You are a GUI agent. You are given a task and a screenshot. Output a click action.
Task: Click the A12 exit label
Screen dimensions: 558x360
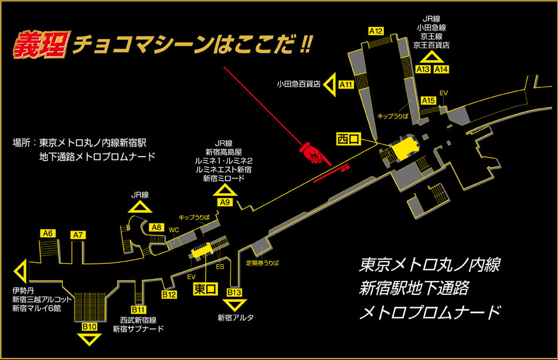point(376,31)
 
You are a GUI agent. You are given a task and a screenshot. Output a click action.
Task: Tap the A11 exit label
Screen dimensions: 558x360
point(347,84)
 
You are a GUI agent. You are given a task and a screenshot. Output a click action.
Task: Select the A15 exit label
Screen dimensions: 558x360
point(429,101)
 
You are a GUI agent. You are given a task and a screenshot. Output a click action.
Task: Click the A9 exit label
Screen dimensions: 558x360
point(225,202)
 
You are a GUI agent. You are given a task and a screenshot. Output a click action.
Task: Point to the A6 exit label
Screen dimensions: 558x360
point(48,233)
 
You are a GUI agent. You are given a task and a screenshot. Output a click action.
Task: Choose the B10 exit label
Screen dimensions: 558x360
point(89,327)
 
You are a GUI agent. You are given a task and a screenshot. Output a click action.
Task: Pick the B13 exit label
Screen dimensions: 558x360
point(234,292)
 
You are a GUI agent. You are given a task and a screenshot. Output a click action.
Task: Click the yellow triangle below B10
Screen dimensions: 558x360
point(89,339)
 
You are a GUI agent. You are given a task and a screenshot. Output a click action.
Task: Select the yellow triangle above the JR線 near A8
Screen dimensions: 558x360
point(140,206)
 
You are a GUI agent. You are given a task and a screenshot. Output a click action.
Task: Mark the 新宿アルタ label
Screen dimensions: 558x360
point(236,318)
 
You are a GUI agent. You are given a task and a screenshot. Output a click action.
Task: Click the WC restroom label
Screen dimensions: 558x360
point(174,230)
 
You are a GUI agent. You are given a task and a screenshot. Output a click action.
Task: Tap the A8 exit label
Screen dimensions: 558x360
point(156,227)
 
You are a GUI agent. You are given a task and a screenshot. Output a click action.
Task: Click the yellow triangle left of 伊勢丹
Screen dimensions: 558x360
point(19,271)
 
